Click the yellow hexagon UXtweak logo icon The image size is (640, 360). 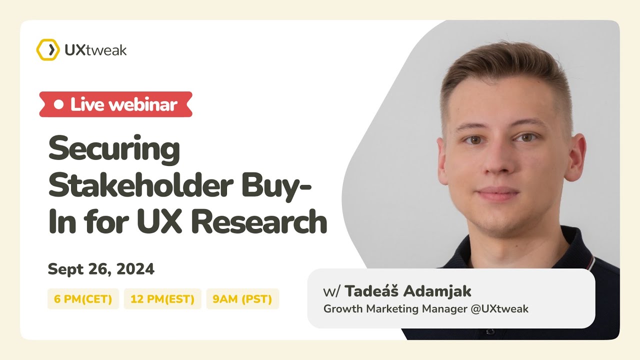47,50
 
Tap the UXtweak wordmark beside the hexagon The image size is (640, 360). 95,50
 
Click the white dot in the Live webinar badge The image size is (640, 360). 59,104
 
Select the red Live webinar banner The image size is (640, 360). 116,104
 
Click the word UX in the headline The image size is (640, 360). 164,222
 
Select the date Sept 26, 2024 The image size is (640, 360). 101,269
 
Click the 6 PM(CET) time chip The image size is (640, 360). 83,299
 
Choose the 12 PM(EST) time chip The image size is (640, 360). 162,299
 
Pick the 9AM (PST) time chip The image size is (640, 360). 242,299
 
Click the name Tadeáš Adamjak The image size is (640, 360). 407,291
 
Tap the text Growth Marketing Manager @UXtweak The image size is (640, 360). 425,308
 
